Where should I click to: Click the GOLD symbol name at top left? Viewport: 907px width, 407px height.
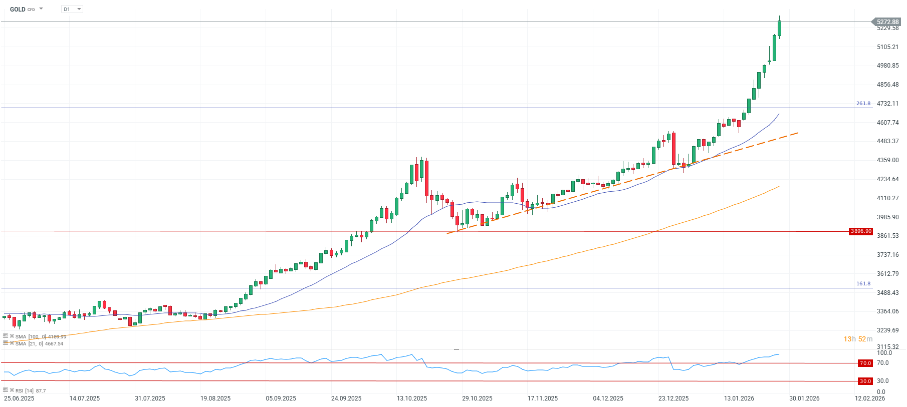18,9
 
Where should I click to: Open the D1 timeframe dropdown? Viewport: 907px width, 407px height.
72,9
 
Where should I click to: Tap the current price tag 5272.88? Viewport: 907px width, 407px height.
887,22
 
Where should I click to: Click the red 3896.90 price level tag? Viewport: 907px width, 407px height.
861,231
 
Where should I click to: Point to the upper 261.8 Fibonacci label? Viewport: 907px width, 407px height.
863,104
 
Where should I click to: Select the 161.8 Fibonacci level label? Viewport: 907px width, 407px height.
863,284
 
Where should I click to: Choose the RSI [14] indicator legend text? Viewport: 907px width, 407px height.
30,390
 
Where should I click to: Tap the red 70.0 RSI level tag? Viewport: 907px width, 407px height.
865,363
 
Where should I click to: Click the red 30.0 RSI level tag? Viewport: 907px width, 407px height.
865,381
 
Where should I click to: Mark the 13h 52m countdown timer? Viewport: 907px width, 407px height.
858,339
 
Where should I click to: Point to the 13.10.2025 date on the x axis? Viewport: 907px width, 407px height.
412,398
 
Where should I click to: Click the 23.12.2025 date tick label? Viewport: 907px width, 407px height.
673,398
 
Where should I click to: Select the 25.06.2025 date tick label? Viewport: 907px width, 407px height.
19,398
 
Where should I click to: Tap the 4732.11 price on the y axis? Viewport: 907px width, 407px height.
887,104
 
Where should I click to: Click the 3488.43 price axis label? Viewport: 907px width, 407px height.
887,293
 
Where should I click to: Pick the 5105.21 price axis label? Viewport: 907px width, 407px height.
887,47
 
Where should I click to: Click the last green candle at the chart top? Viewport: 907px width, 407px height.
779,28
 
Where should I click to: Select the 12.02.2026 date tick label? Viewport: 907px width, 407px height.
870,398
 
